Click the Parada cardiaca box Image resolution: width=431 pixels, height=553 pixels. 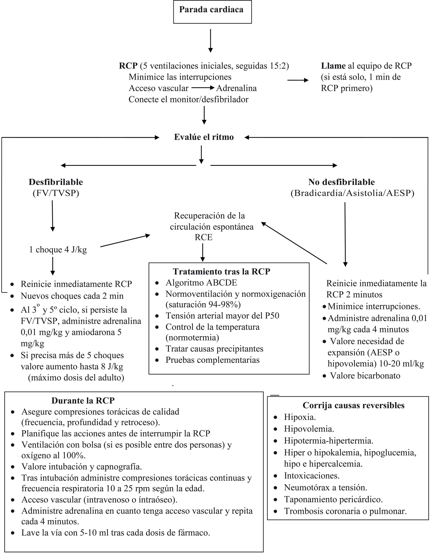pos(212,12)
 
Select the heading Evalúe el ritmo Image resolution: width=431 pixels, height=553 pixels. pos(204,137)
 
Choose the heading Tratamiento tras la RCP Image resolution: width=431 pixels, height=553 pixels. pos(221,271)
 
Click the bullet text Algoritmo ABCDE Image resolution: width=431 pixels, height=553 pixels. pos(201,283)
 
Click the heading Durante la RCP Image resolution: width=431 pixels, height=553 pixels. pos(83,400)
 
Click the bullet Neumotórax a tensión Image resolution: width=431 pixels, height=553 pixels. pos(325,487)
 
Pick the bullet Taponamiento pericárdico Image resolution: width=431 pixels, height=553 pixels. pos(333,499)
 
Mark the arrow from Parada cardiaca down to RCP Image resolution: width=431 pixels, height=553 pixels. pos(211,40)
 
